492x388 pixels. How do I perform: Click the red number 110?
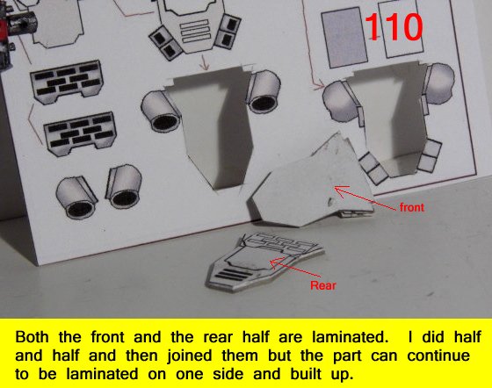coord(394,27)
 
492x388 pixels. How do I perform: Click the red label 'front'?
coord(412,207)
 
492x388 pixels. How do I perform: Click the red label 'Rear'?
coord(323,285)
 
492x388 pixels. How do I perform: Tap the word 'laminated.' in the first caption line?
coord(350,337)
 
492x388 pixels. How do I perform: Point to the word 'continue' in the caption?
coord(438,356)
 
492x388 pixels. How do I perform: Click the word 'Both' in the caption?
coord(32,337)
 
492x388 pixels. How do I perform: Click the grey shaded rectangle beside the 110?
coord(344,37)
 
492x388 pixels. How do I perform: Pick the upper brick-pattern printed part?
coord(67,82)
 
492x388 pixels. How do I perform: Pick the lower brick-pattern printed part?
coord(80,133)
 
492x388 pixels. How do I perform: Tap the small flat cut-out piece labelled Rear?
coord(264,262)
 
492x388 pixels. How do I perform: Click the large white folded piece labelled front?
coord(311,185)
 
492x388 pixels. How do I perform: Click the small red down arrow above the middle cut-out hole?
coord(205,62)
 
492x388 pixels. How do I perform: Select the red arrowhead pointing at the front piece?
coord(342,190)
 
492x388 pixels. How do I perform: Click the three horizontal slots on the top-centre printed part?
coord(195,32)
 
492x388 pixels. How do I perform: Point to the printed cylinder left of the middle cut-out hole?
coord(161,111)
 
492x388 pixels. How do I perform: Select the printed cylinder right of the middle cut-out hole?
coord(263,91)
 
